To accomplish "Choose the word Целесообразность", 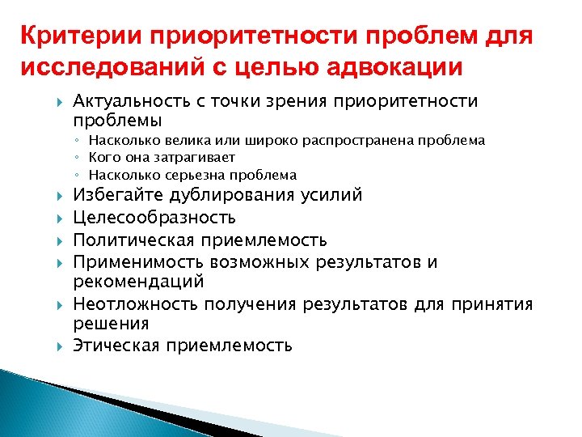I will coord(154,218).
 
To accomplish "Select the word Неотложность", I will coord(135,304).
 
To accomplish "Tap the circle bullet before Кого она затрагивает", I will coord(78,159).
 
